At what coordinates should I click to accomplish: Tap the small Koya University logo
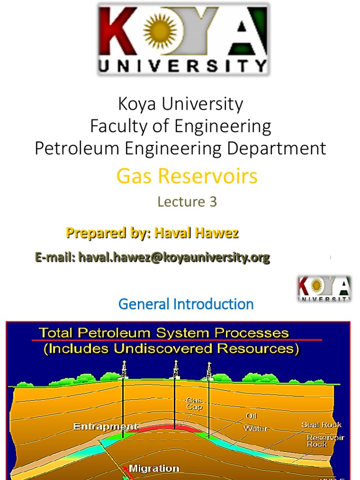click(x=324, y=289)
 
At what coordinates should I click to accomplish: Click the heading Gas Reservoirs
click(x=187, y=176)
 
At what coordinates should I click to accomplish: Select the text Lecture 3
click(x=187, y=202)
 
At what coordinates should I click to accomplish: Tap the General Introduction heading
click(x=186, y=304)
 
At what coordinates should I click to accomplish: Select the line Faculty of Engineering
click(x=180, y=126)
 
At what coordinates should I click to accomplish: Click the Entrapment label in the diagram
click(x=105, y=427)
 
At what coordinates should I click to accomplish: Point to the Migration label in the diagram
click(x=154, y=468)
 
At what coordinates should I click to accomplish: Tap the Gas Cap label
click(x=194, y=404)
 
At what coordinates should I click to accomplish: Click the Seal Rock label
click(x=321, y=425)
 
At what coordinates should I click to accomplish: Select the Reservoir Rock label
click(x=325, y=441)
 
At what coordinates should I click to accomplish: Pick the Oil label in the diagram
click(x=251, y=416)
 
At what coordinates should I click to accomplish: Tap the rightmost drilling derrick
click(x=209, y=370)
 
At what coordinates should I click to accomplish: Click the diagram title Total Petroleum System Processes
click(x=164, y=333)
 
